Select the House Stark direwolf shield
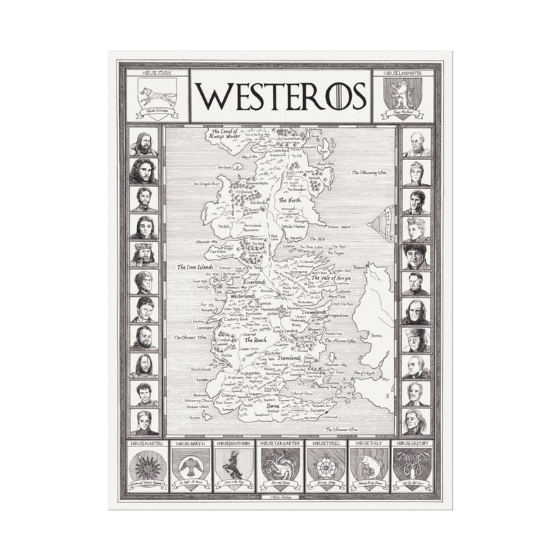(x=157, y=95)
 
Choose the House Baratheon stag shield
(x=236, y=467)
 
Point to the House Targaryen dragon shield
(x=280, y=467)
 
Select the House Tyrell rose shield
(x=324, y=467)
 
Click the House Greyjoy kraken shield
(x=413, y=467)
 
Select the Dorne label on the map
(x=276, y=407)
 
